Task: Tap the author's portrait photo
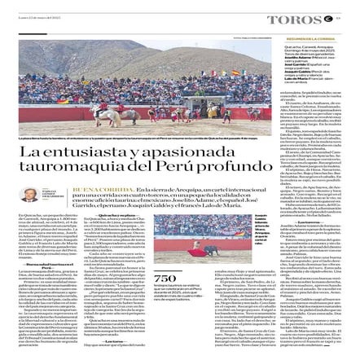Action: coord(29,195)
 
